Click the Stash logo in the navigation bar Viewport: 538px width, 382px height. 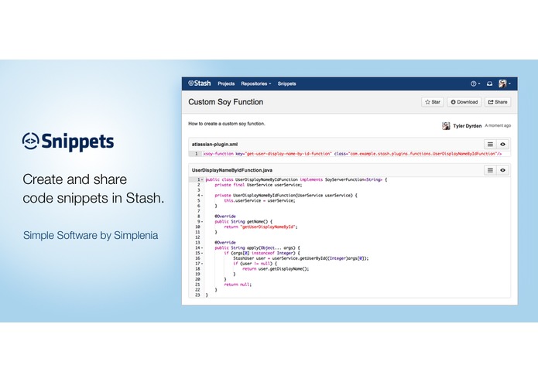tap(199, 84)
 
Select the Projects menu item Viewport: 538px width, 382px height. tap(226, 84)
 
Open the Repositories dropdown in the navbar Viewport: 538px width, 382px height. tap(255, 84)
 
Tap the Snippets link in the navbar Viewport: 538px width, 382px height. tap(286, 84)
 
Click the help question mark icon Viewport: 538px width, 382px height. tap(474, 84)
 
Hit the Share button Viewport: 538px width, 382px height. tap(498, 101)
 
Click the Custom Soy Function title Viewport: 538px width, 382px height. tap(226, 101)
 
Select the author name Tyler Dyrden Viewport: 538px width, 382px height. tap(468, 125)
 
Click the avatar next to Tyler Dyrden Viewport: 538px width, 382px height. tap(447, 125)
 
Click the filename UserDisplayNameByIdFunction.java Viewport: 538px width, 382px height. tap(231, 169)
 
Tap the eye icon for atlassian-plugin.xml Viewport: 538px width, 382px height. tap(502, 144)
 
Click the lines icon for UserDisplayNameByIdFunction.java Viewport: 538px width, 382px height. tap(490, 169)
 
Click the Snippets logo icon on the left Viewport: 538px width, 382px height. tap(30, 142)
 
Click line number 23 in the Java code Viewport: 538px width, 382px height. tap(197, 295)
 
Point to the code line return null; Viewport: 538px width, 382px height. tap(236, 285)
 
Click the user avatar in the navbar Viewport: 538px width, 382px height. tap(502, 84)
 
